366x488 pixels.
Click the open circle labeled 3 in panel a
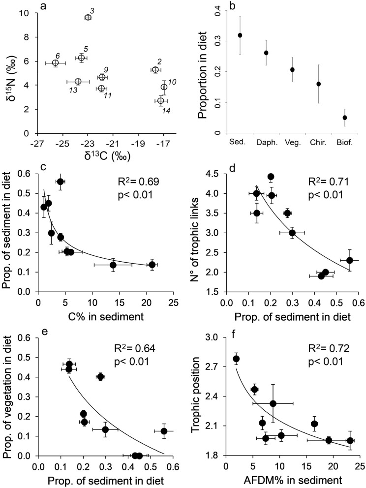[x=88, y=17]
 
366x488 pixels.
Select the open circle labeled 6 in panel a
[x=56, y=63]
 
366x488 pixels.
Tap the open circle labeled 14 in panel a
[x=160, y=101]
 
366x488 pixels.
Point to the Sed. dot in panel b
[x=240, y=35]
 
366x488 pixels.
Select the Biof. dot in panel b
[x=345, y=118]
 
